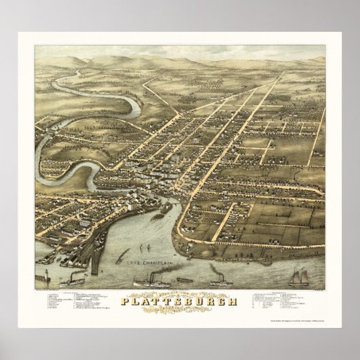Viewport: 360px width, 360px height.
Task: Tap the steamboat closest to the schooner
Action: (219, 279)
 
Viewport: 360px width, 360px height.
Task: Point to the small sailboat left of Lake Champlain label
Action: (123, 257)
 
